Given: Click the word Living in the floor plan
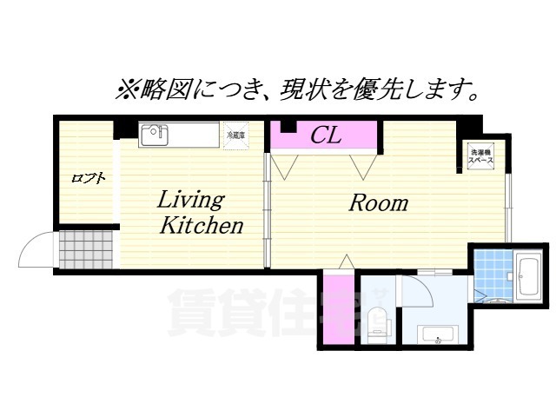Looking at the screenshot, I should tap(190, 199).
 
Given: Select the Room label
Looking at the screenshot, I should tap(378, 203).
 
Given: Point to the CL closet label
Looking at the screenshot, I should tap(326, 136).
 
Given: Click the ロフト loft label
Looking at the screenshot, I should tap(88, 179).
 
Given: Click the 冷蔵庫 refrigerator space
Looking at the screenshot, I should tap(235, 136).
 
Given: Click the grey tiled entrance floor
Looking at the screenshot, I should tap(87, 248).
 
